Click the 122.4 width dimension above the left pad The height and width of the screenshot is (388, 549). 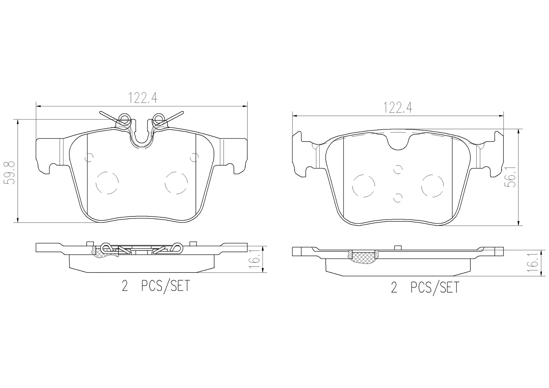click(142, 98)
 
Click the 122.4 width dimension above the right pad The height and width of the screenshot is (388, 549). click(397, 108)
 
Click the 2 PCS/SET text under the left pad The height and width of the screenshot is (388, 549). click(156, 286)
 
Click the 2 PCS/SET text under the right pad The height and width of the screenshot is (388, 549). click(425, 287)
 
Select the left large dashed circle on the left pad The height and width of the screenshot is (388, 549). click(107, 183)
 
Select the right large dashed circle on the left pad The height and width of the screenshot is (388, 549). click(176, 183)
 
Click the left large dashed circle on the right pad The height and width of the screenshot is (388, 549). click(363, 186)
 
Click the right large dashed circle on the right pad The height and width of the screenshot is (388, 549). click(432, 186)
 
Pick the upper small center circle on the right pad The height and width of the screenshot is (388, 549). click(398, 170)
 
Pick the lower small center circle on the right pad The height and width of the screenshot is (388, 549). click(398, 198)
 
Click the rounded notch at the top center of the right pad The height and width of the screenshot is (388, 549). click(398, 143)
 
